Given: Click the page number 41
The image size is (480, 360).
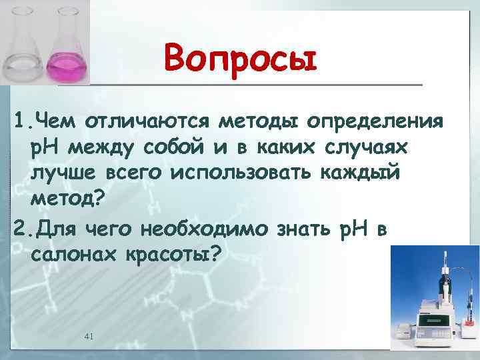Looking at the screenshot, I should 89,337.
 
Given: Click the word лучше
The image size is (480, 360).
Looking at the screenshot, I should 63,172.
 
